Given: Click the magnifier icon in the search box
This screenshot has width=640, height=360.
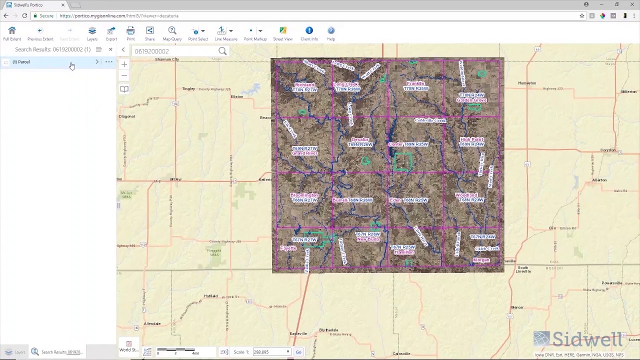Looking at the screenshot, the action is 222,51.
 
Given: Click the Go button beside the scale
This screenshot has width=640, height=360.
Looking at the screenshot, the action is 298,352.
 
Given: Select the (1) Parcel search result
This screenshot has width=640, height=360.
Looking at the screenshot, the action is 21,62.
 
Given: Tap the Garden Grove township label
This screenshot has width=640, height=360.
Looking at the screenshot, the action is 471,100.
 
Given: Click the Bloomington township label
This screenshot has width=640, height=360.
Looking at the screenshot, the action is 304,195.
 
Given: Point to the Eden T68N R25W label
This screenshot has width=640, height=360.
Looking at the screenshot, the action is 408,200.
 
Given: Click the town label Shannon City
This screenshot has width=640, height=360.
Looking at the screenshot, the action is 167,59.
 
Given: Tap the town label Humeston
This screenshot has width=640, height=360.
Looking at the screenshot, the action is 527,83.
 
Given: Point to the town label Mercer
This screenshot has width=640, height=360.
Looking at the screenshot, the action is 517,307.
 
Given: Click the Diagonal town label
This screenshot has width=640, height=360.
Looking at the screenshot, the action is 127,116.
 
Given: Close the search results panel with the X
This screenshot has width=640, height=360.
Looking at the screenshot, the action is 110,49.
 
